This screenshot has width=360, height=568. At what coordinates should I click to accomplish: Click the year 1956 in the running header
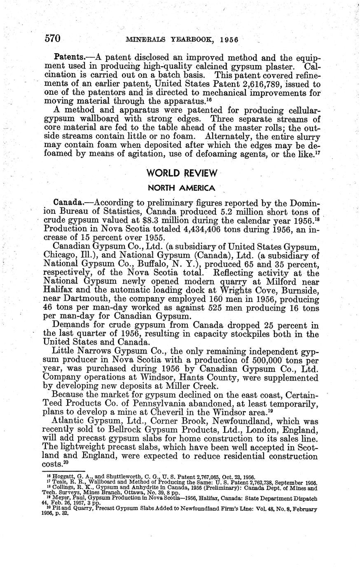pos(229,40)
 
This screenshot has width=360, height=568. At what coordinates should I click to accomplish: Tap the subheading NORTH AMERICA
pos(181,188)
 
